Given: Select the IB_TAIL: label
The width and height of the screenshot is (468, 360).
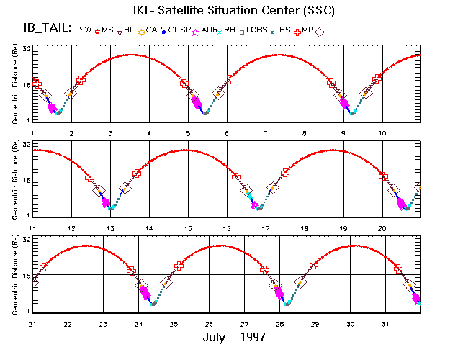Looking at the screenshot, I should [47, 30].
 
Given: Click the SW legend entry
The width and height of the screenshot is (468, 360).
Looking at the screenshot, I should [86, 31].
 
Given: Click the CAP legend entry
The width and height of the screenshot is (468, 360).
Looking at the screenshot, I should [155, 31].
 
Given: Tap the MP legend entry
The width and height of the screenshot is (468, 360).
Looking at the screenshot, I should [309, 31].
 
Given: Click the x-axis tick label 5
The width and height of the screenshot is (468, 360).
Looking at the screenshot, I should [188, 134].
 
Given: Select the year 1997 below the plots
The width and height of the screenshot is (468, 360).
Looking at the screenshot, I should [252, 337].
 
